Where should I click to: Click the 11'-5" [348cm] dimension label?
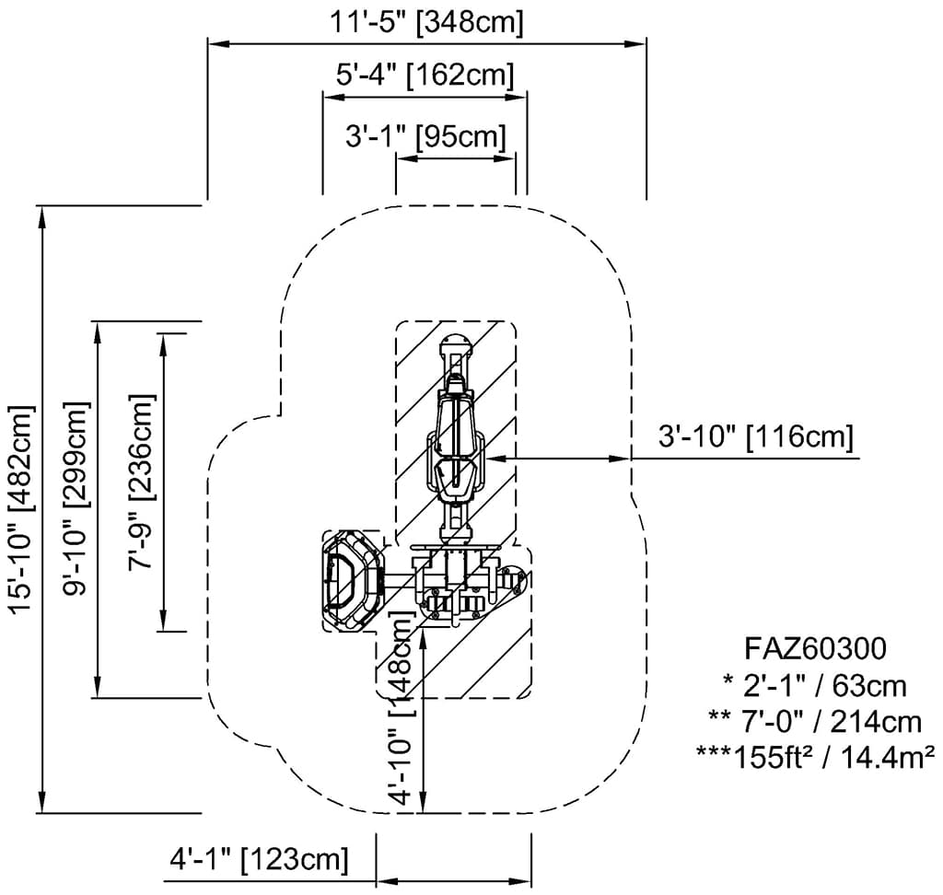(x=426, y=22)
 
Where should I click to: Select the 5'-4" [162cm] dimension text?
(x=425, y=74)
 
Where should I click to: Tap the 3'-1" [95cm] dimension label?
(x=426, y=137)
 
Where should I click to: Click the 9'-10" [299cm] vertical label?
(x=77, y=498)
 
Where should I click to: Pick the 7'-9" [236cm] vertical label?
(x=142, y=482)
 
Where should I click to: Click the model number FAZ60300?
(x=814, y=648)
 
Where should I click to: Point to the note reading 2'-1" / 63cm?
(x=814, y=685)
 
